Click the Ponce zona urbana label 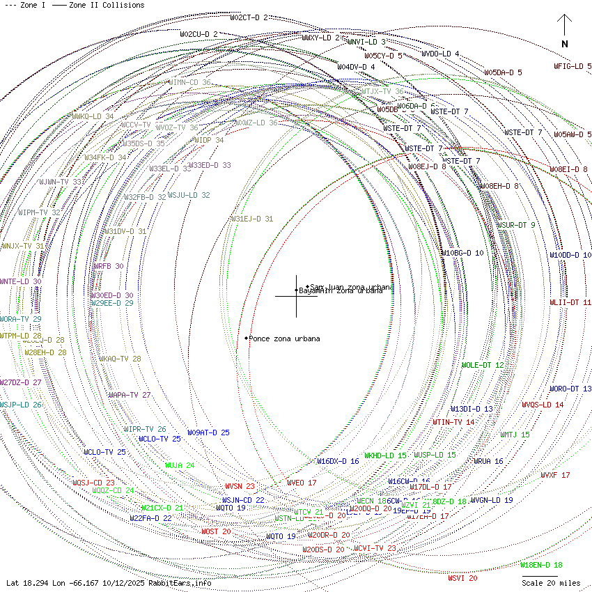284,338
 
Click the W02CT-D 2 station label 249,17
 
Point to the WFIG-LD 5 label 572,66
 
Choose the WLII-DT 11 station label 570,302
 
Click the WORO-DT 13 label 570,389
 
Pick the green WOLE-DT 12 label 482,365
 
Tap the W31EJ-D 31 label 251,219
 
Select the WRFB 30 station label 108,266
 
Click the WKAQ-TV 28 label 119,359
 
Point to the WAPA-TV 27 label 129,395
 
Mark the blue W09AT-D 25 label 208,433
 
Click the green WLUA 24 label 179,465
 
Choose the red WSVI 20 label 462,578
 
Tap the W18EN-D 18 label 540,565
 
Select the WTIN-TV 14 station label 453,422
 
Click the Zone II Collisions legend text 106,5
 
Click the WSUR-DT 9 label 516,225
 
